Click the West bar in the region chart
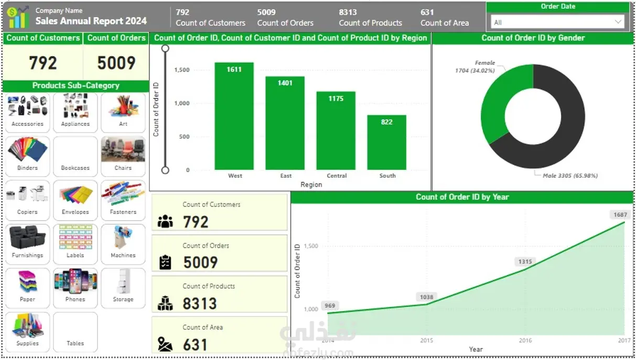234,116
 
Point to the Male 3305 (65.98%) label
570,176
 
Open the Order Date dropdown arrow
618,22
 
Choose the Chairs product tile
123,156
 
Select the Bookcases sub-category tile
75,156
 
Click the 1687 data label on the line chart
620,215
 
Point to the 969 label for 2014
330,306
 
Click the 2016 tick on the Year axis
525,341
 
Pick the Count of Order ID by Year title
462,197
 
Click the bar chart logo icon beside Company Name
17,17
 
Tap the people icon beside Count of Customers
165,222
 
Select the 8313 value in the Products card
199,303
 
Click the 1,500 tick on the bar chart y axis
182,70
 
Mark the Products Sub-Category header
76,85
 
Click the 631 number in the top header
427,12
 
